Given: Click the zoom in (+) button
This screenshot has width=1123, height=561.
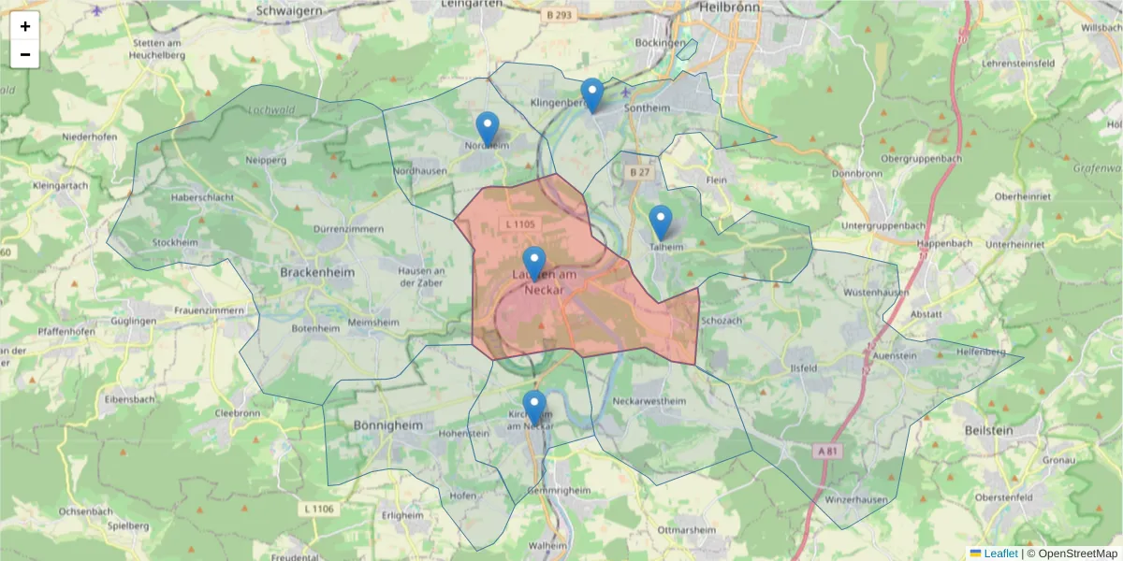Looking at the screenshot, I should (25, 26).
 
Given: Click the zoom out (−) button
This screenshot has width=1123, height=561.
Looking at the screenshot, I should (25, 54).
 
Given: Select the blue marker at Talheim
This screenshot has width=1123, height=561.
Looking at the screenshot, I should (661, 222).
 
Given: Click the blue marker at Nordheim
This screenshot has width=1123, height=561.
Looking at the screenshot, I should (488, 128).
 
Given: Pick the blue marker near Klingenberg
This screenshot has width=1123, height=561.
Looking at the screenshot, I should (591, 94).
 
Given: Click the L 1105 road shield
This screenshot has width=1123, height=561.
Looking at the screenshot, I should (519, 223).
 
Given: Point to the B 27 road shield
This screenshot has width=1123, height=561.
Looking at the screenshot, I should (640, 173).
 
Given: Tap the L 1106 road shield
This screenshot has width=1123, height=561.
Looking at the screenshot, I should (319, 508).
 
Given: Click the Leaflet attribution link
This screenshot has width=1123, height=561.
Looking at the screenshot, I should (999, 554).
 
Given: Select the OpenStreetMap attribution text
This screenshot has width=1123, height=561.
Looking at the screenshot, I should (1072, 554).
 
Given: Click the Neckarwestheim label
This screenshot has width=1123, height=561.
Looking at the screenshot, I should (649, 401).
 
